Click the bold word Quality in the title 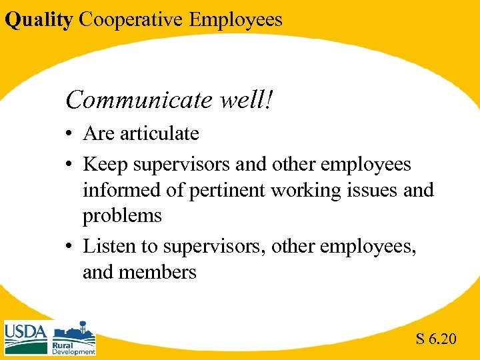(x=38, y=19)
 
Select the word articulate (x=157, y=133)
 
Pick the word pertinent (x=228, y=190)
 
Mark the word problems (x=122, y=216)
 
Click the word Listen (x=103, y=246)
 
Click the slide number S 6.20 (x=436, y=339)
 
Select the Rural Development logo (x=74, y=338)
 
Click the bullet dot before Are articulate (x=69, y=135)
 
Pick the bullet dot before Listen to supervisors (x=69, y=247)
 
